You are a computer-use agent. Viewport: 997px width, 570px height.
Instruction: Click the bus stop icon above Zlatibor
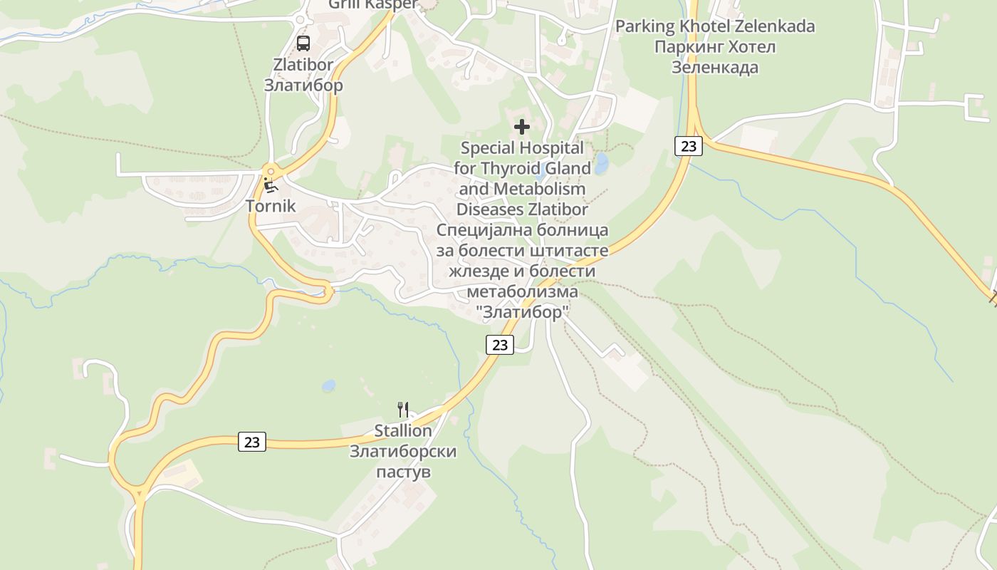click(303, 43)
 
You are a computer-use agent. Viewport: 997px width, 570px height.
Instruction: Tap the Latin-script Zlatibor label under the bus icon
click(303, 65)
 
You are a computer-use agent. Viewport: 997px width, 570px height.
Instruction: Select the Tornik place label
click(270, 207)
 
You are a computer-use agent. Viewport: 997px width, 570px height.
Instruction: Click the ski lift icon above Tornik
click(271, 186)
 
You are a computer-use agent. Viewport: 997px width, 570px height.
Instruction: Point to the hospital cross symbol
click(522, 128)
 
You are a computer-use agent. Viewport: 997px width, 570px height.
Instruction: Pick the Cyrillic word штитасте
click(569, 252)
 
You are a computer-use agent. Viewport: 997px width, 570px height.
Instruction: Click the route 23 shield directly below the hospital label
click(500, 345)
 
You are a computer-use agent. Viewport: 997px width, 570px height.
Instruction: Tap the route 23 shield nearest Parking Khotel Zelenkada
click(689, 146)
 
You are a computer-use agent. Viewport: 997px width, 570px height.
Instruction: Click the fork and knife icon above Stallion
click(403, 409)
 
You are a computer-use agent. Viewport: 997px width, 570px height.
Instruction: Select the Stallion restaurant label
click(403, 431)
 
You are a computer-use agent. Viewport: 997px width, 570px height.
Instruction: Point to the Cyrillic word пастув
click(403, 472)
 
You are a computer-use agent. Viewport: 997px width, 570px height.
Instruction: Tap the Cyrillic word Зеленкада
click(715, 68)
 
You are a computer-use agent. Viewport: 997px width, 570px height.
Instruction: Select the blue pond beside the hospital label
click(602, 164)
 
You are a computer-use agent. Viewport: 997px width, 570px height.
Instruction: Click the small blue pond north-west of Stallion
click(328, 386)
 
